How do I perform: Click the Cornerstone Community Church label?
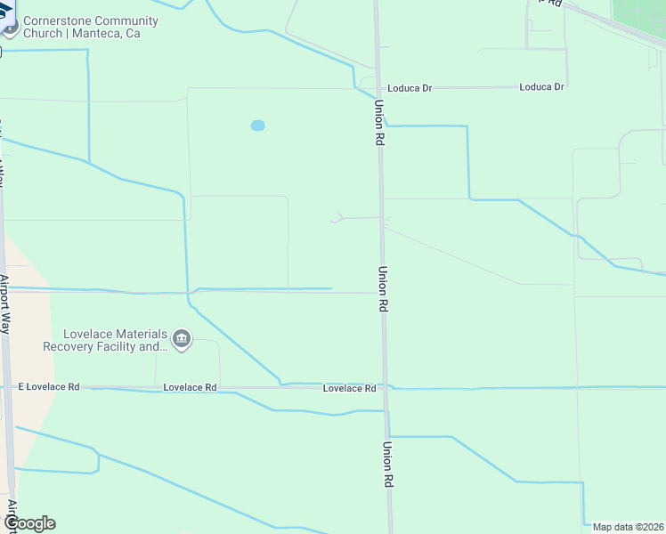(x=91, y=20)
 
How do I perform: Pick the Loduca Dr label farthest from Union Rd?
(x=541, y=87)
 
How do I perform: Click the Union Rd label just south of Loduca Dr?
(x=379, y=123)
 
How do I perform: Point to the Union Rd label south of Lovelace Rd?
(x=388, y=464)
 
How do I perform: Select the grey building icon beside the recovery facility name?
(x=182, y=340)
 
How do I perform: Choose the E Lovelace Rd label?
(x=50, y=387)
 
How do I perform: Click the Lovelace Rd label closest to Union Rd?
(x=349, y=388)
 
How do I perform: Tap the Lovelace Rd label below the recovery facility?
(x=191, y=387)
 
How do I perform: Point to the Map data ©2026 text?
(x=628, y=527)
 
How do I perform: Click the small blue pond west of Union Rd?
(x=257, y=125)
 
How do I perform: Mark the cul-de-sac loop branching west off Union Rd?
(x=337, y=218)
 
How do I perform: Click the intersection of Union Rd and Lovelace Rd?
(x=386, y=388)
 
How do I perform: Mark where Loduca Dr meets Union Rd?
(x=378, y=88)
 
